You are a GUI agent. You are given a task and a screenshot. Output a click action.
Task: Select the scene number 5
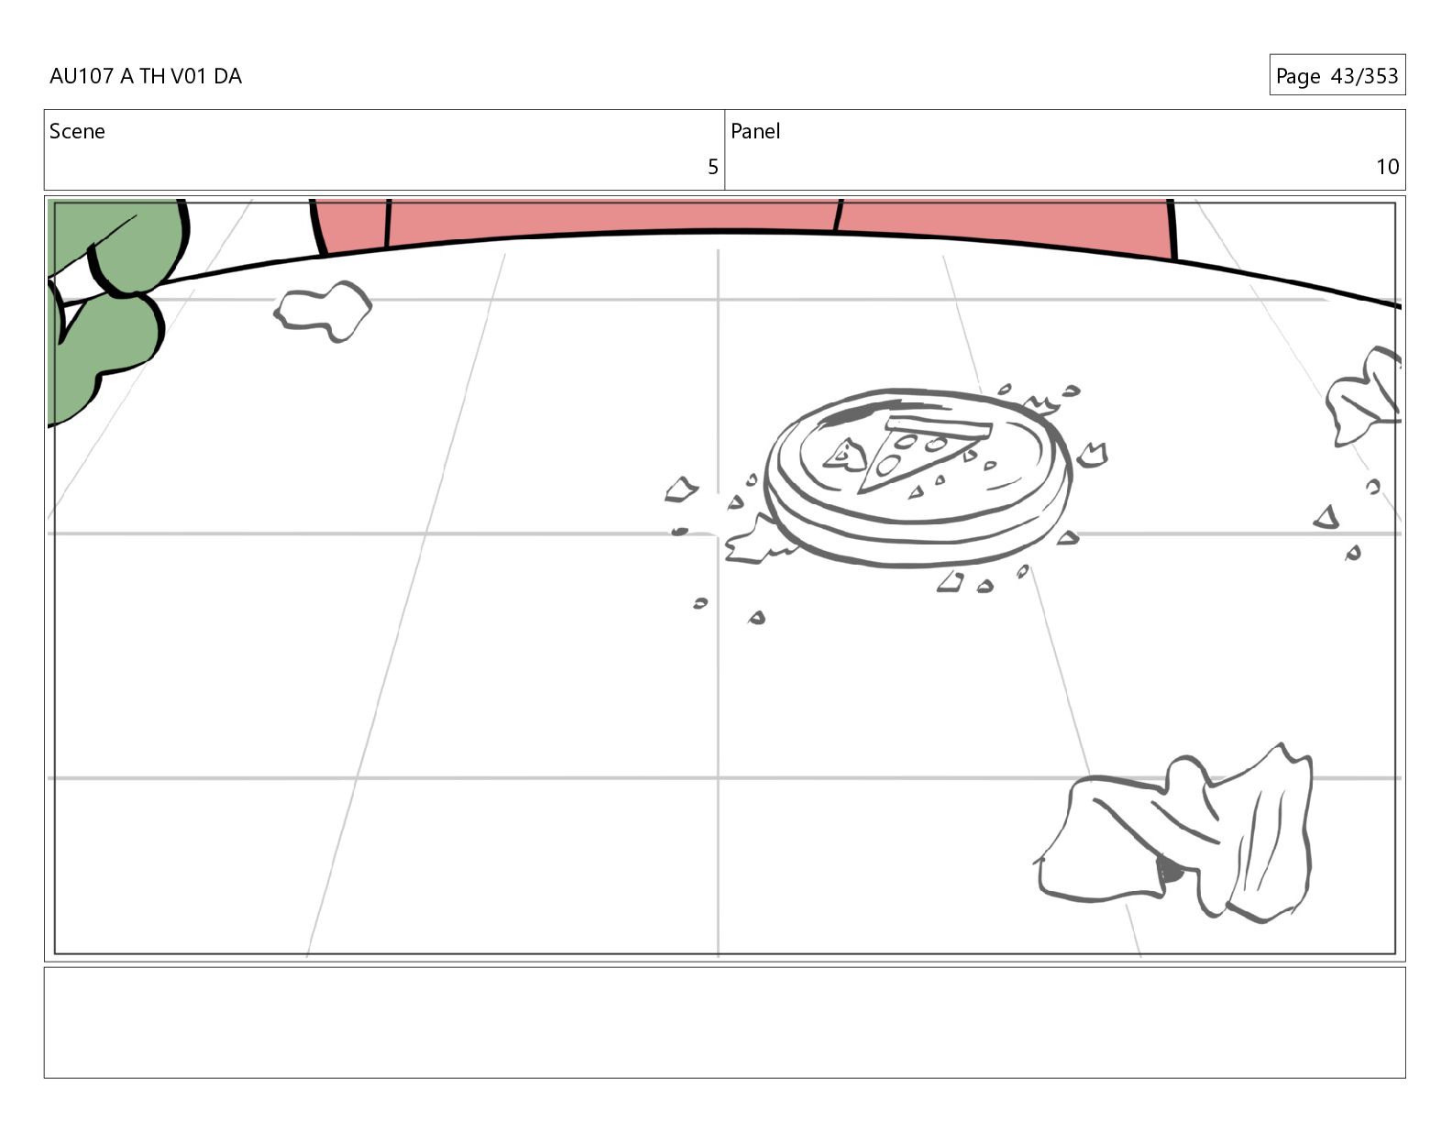coord(712,167)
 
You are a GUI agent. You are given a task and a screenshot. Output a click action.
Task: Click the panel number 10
coord(1387,167)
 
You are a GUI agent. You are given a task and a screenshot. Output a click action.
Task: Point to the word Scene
coord(77,131)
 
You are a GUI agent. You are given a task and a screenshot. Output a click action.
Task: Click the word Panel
coord(755,131)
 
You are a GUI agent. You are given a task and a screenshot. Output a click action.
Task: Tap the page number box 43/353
coord(1337,75)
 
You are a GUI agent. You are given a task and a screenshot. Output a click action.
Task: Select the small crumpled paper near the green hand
coord(323,311)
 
